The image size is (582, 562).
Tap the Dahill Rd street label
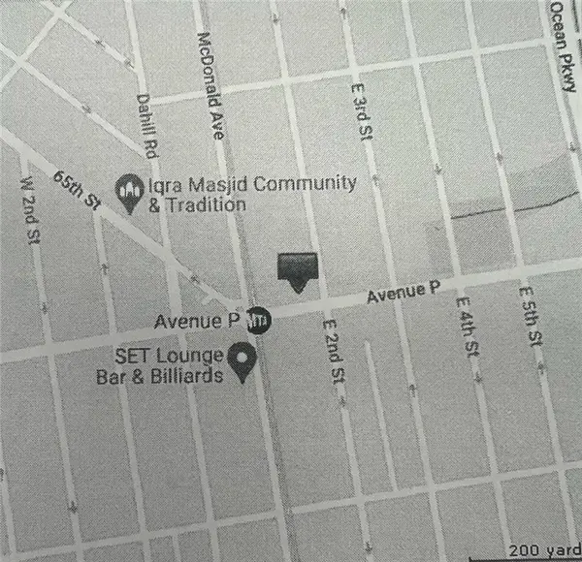(147, 123)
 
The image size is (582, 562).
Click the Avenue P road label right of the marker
(403, 293)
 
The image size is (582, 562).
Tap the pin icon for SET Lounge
(244, 364)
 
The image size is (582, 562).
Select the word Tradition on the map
(204, 204)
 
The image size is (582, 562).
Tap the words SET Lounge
(171, 355)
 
